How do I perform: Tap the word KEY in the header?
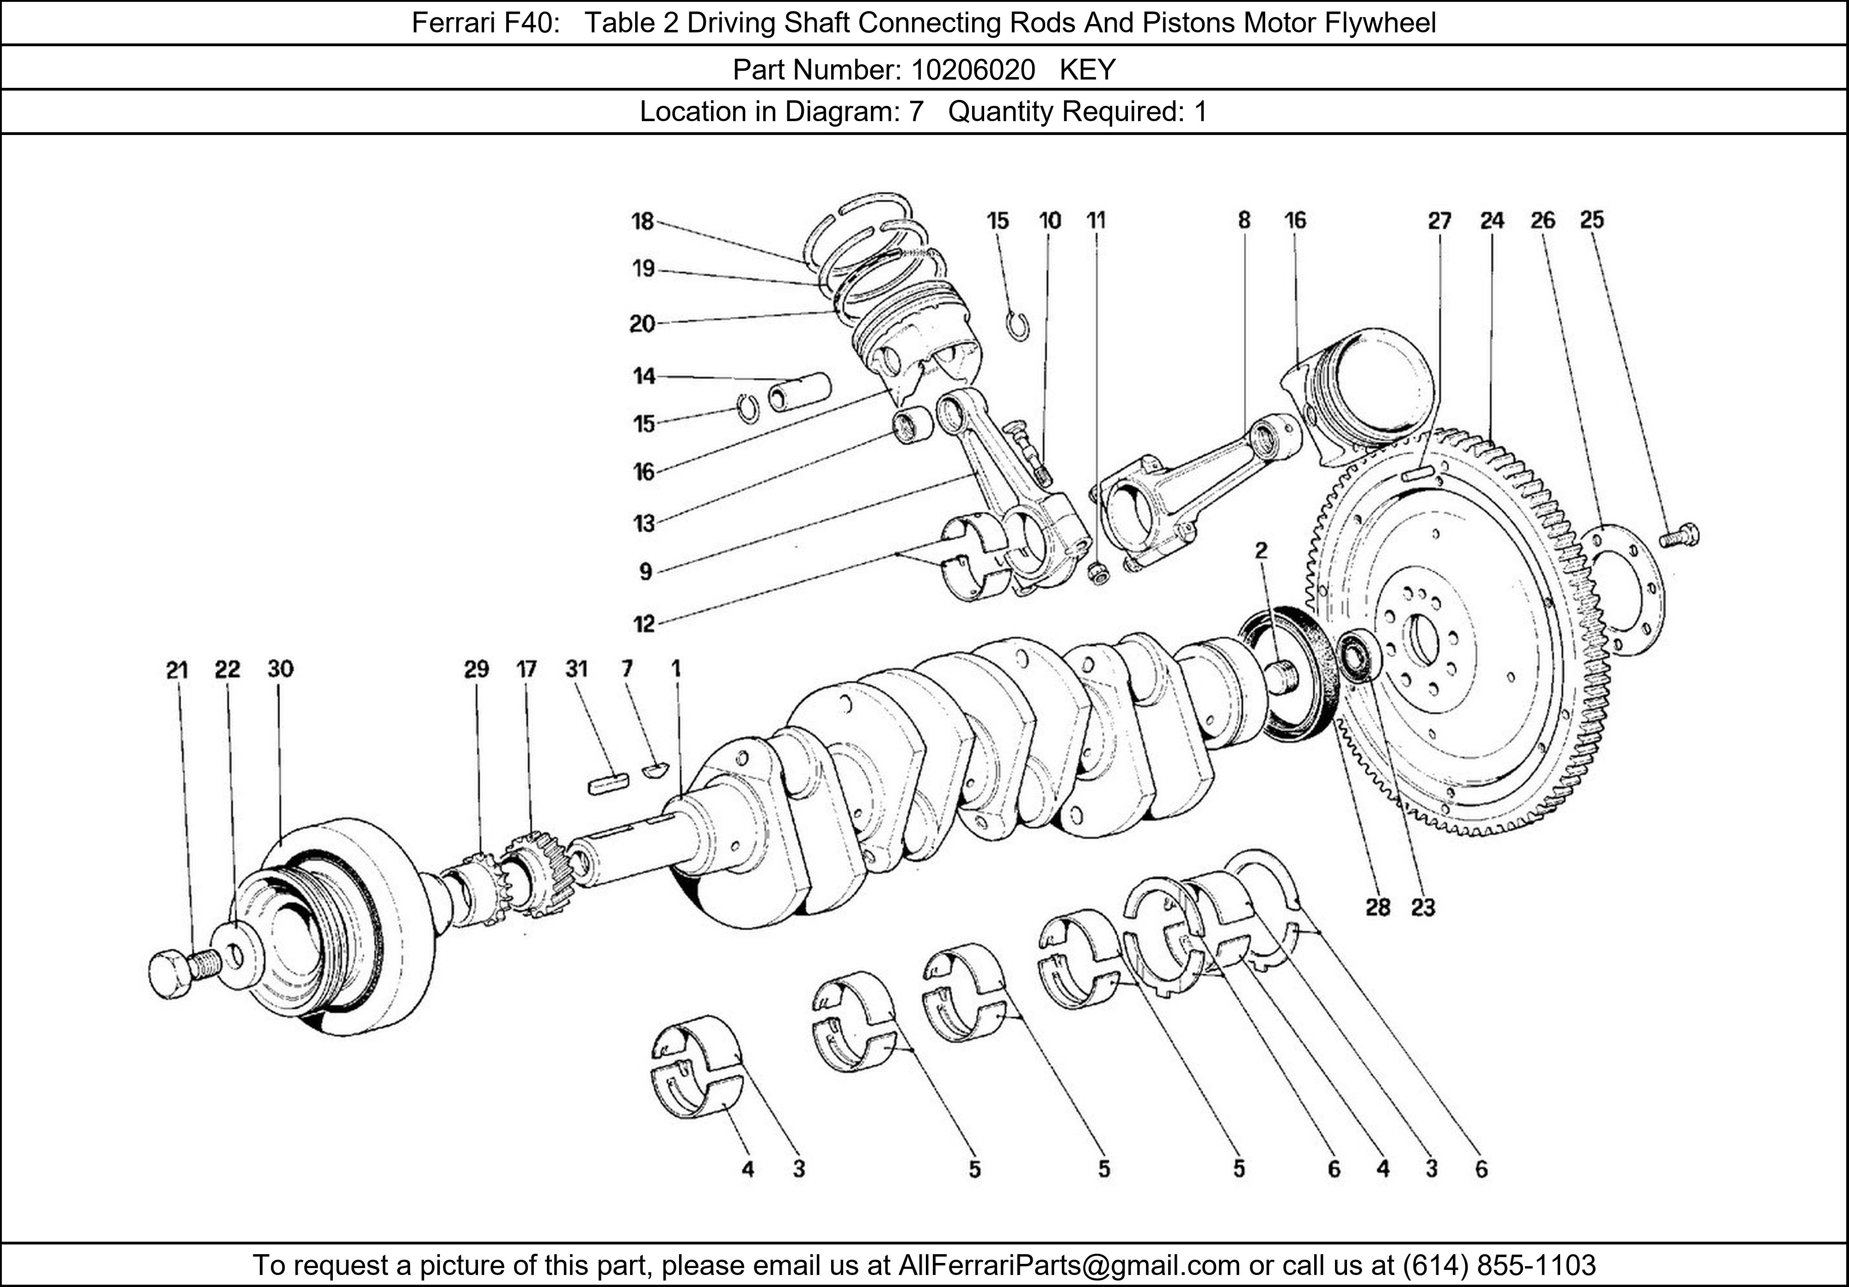tap(1087, 70)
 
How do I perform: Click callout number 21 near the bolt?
tap(177, 670)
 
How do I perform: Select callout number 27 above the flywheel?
tap(1439, 221)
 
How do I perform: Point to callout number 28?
tap(1378, 907)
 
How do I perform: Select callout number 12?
tap(643, 623)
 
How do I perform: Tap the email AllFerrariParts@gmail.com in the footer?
tap(1069, 1265)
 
